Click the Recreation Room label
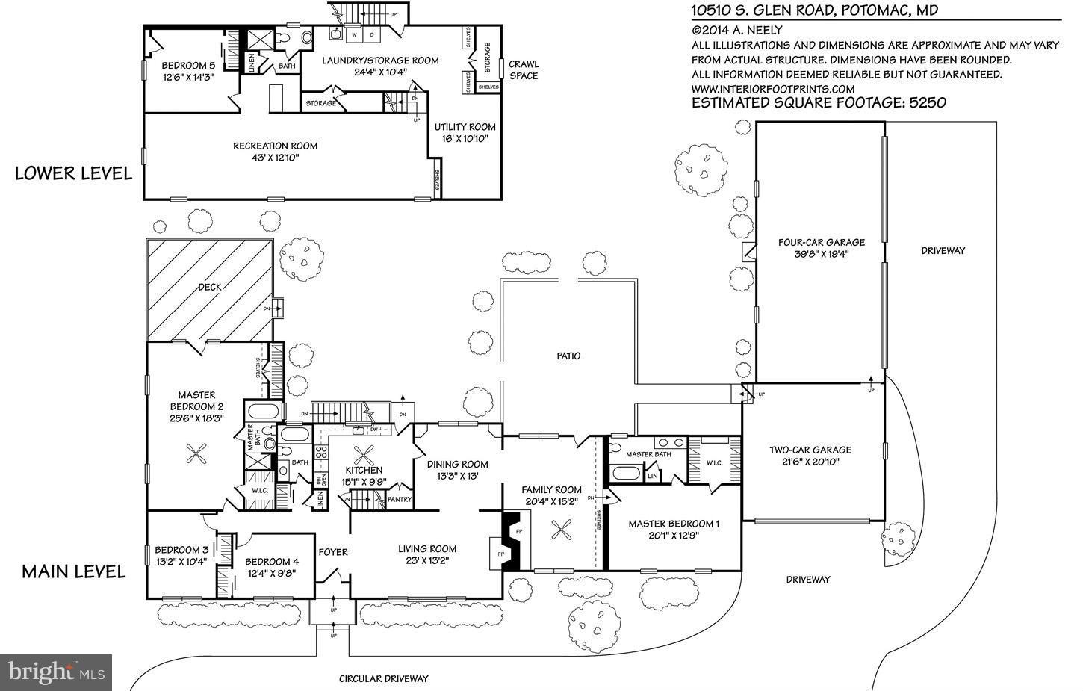pos(275,146)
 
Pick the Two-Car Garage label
pos(810,450)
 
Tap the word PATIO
pos(568,356)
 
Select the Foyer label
pos(333,552)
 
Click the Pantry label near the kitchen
pos(400,499)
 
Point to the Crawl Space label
pos(524,69)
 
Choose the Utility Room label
pos(465,127)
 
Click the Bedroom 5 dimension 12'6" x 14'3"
pos(188,76)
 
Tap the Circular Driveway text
pos(383,679)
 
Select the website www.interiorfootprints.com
pos(773,88)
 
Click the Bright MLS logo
pos(56,672)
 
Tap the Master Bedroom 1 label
pos(673,524)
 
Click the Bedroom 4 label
pos(272,562)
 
